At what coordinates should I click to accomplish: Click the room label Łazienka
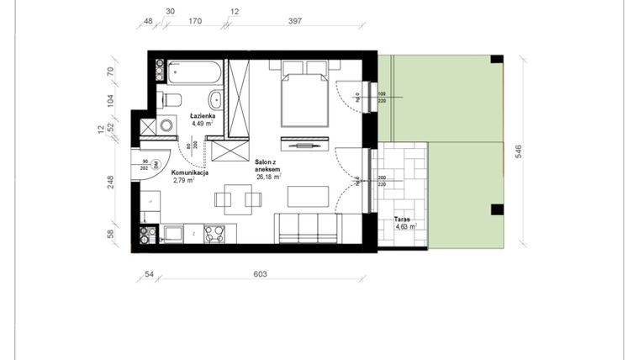tap(203, 115)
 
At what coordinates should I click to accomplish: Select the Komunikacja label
tap(191, 172)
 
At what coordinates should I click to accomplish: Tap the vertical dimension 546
tap(519, 151)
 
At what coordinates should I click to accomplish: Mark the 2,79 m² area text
tap(184, 180)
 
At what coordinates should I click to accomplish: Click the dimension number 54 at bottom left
tap(150, 274)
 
